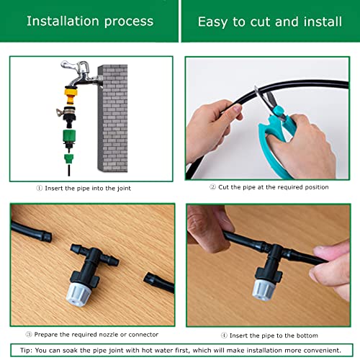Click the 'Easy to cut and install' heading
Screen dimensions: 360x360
click(269, 21)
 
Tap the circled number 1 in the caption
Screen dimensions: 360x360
click(40, 189)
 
